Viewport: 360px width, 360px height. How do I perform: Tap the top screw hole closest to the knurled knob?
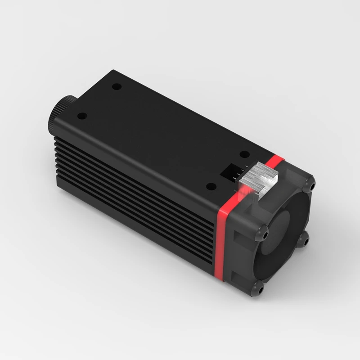(81, 116)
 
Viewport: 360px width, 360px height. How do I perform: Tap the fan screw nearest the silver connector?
(310, 184)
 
